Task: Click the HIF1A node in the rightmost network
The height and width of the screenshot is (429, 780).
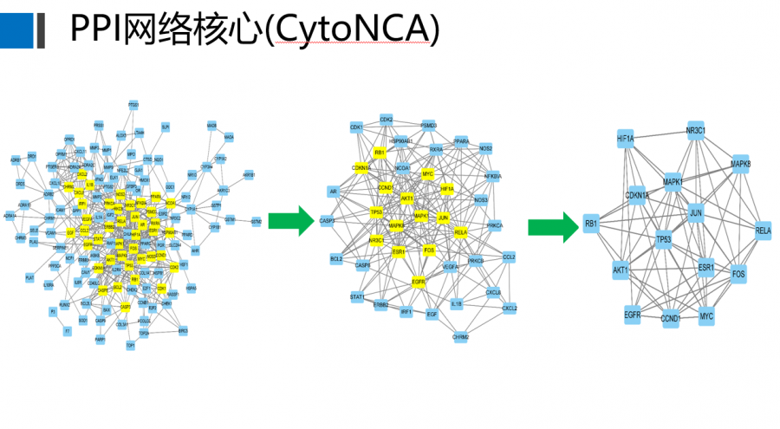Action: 626,138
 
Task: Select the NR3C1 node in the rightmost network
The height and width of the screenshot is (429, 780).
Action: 696,131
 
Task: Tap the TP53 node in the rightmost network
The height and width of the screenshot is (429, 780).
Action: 664,239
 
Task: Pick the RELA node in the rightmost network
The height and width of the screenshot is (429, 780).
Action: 763,231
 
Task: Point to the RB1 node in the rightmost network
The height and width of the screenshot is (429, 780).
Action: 591,224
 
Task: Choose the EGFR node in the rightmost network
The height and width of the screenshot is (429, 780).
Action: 632,315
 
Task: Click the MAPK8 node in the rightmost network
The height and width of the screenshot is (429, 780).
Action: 740,163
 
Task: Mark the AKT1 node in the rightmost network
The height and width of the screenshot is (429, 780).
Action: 620,270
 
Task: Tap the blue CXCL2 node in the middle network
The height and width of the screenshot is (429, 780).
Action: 510,308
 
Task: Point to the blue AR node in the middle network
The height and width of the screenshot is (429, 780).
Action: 333,191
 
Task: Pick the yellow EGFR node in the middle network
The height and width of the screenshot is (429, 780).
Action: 419,281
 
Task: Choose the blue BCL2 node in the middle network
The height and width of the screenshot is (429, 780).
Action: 336,259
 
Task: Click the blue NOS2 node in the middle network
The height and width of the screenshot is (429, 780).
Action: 486,148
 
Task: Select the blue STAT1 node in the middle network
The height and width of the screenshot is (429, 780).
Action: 357,296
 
